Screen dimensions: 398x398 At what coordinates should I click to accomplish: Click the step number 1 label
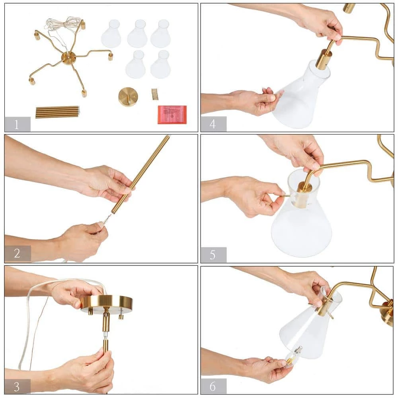pos(16,124)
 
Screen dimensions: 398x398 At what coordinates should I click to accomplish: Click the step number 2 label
pos(17,253)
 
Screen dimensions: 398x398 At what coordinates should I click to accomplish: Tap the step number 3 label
pos(17,386)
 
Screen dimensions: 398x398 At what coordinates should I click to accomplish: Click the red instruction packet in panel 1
pos(172,115)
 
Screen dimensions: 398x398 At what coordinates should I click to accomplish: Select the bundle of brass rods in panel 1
pos(57,112)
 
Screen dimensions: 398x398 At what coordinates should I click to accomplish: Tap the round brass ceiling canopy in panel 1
pos(128,97)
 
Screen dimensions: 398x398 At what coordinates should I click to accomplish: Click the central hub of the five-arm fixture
pos(68,58)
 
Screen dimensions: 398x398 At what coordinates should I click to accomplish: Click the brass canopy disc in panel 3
pos(106,303)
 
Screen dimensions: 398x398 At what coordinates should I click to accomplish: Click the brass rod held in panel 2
pos(140,174)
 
